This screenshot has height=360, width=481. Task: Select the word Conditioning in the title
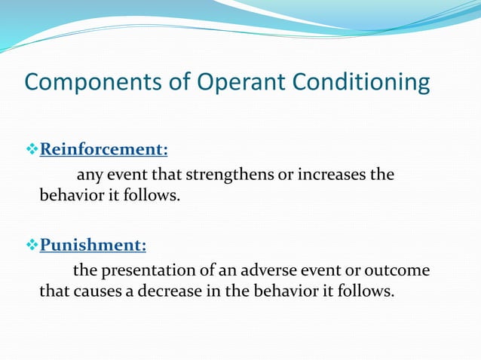pos(366,82)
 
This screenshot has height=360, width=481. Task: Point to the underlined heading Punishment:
pos(93,245)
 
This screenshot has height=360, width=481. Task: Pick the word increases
pos(329,175)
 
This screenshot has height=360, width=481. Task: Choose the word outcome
pos(401,270)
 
